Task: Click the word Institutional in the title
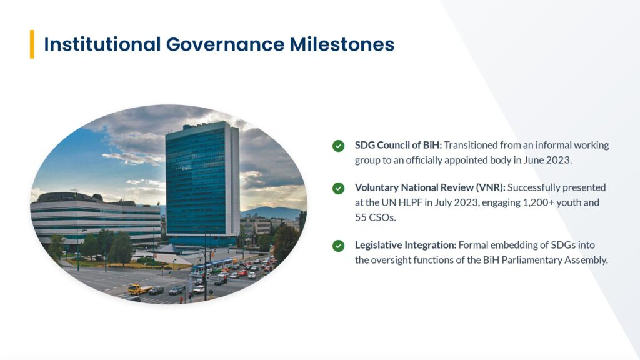102,44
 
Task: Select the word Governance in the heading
225,44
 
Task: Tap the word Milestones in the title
342,44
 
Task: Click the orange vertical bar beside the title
32,44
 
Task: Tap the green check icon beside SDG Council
338,146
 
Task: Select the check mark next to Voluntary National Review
338,188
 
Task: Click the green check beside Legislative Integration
338,246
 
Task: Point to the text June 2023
547,160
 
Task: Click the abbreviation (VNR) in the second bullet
490,187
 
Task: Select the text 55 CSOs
376,217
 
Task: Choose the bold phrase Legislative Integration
406,245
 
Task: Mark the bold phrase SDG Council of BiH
398,145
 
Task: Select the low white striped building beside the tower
96,221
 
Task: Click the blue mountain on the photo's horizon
271,212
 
